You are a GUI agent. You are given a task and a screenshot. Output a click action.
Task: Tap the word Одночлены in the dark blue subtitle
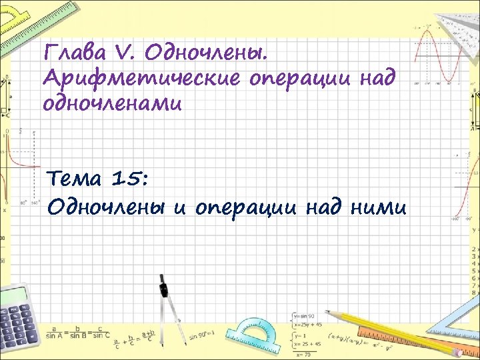[x=106, y=207]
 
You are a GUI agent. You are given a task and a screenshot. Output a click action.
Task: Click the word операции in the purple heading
[x=296, y=79]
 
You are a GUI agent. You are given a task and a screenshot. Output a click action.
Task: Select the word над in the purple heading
[x=376, y=79]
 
